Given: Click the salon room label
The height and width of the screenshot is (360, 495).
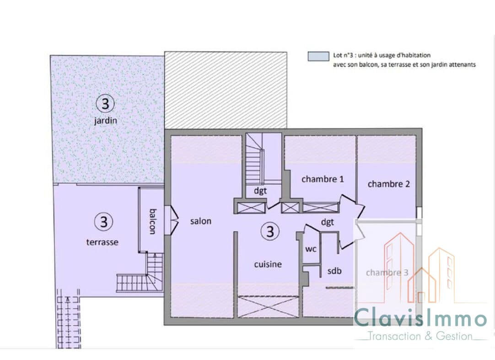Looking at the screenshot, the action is (x=201, y=221).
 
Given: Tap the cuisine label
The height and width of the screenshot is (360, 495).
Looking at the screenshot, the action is (x=268, y=264).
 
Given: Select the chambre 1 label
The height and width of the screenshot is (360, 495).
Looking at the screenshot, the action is (x=323, y=179).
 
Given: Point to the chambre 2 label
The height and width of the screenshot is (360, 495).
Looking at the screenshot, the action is (x=388, y=184).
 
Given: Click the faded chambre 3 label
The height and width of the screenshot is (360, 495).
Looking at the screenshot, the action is (x=387, y=272).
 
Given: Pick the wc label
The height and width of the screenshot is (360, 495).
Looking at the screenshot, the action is (x=311, y=249).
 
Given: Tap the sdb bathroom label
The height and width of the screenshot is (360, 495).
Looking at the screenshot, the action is (x=334, y=271).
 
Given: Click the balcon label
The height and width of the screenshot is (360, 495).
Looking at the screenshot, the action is (x=152, y=221).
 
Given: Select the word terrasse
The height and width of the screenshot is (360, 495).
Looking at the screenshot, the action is (x=102, y=242).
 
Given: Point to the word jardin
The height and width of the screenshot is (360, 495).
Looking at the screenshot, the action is (x=105, y=121).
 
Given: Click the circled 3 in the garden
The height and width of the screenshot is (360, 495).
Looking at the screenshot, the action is (x=105, y=103).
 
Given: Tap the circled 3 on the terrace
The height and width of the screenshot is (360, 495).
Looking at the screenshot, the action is (x=103, y=222).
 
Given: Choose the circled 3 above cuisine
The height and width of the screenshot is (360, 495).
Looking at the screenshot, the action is (x=270, y=231).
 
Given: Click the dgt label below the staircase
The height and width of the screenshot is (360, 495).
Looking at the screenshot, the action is (x=260, y=190).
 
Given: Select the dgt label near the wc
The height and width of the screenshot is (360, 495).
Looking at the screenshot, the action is (x=328, y=222).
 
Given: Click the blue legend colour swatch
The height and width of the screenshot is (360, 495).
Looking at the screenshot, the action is (x=318, y=57).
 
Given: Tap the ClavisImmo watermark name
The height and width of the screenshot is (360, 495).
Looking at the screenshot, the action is (x=420, y=319).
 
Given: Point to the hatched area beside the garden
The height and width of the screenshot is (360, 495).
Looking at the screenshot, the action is (x=226, y=90).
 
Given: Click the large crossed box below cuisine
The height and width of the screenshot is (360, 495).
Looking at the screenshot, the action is (x=268, y=306).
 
